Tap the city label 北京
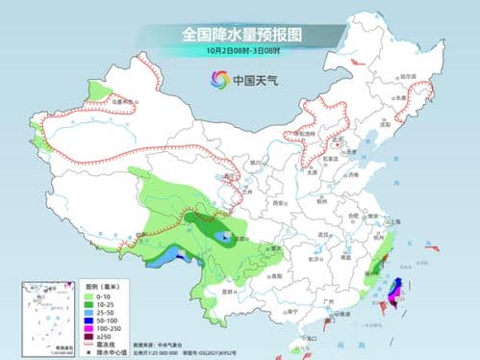coord(338,155)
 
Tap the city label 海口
coord(309,337)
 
